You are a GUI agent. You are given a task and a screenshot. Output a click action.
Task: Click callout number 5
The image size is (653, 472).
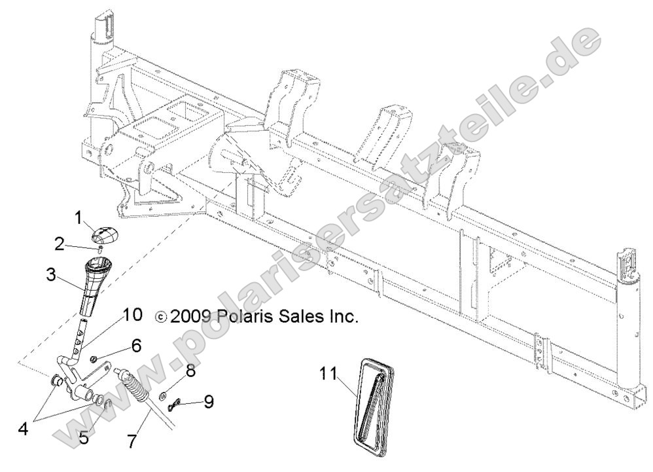(x=84, y=437)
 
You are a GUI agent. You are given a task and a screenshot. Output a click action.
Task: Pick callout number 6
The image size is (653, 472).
(x=136, y=344)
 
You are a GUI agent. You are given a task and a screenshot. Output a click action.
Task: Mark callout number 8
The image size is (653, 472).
(x=190, y=371)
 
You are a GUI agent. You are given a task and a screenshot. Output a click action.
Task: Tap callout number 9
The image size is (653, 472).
(x=208, y=401)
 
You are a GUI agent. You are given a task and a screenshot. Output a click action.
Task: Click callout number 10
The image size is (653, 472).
(x=132, y=315)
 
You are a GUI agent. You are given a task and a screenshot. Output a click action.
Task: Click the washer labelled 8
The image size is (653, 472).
(x=161, y=396)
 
